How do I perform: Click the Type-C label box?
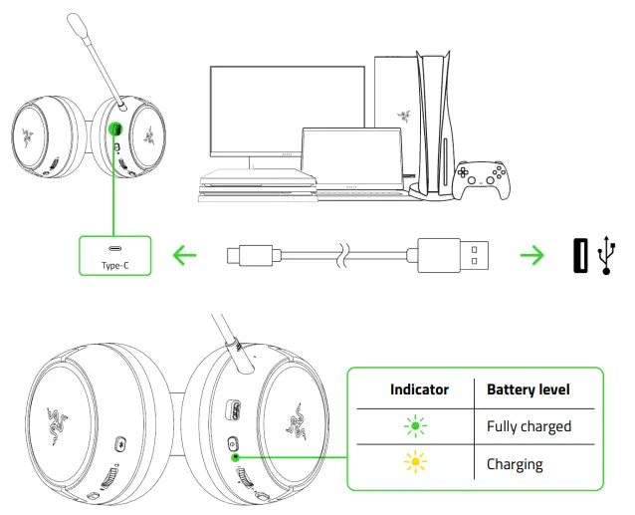coord(115,255)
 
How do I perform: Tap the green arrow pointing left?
coord(185,255)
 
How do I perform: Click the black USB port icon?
coord(579,255)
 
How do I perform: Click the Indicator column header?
coord(419,389)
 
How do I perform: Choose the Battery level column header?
coord(529,389)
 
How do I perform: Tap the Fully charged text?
coord(529,426)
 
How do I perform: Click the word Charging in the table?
coord(515,463)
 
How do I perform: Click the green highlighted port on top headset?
coord(115,130)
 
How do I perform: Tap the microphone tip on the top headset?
coord(76,23)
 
